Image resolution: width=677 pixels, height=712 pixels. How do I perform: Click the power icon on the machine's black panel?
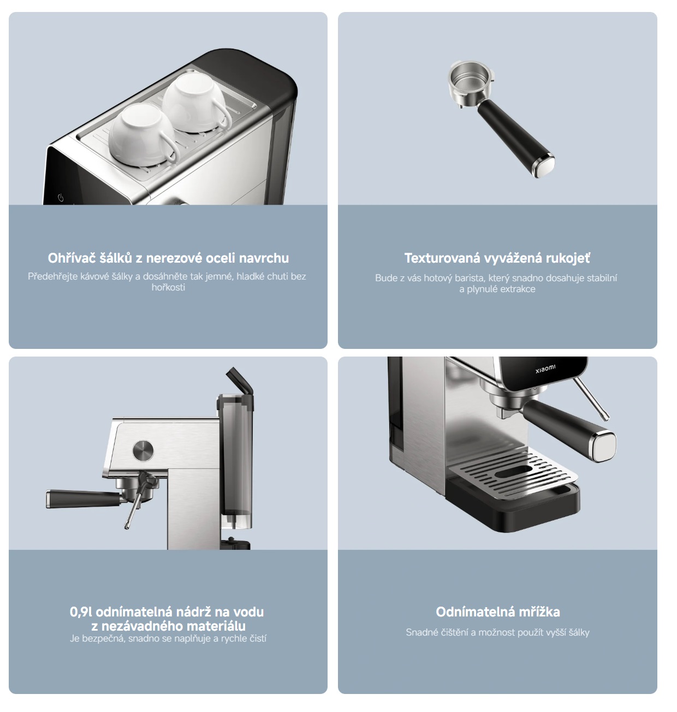click(x=61, y=197)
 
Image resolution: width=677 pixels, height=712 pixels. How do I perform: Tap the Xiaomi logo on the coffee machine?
click(x=545, y=369)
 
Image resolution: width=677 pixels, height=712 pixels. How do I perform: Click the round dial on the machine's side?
click(x=143, y=450)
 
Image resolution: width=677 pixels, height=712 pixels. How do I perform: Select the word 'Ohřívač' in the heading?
click(x=72, y=258)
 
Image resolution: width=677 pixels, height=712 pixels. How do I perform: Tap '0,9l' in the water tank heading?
click(x=81, y=612)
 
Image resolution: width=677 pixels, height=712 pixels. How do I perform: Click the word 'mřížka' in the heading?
click(x=539, y=612)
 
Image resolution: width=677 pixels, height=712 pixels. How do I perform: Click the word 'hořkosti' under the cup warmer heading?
click(x=168, y=287)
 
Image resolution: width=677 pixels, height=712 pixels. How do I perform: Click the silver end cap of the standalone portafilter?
click(x=544, y=164)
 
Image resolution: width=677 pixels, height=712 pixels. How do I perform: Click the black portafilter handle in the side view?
click(x=84, y=499)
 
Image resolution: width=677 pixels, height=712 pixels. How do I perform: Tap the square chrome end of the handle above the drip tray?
click(x=603, y=447)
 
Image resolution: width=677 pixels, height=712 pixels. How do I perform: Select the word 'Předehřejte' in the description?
click(x=53, y=276)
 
